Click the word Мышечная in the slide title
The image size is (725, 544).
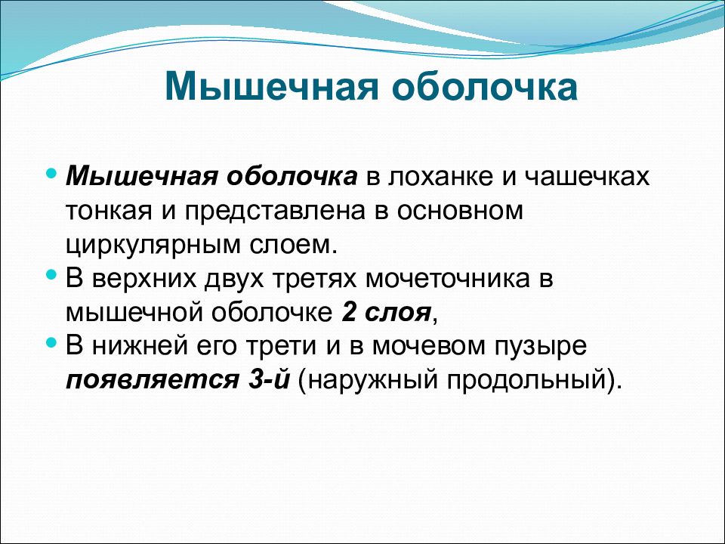click(272, 86)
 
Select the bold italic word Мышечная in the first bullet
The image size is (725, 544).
click(141, 176)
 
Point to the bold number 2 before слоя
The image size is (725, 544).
click(349, 313)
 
